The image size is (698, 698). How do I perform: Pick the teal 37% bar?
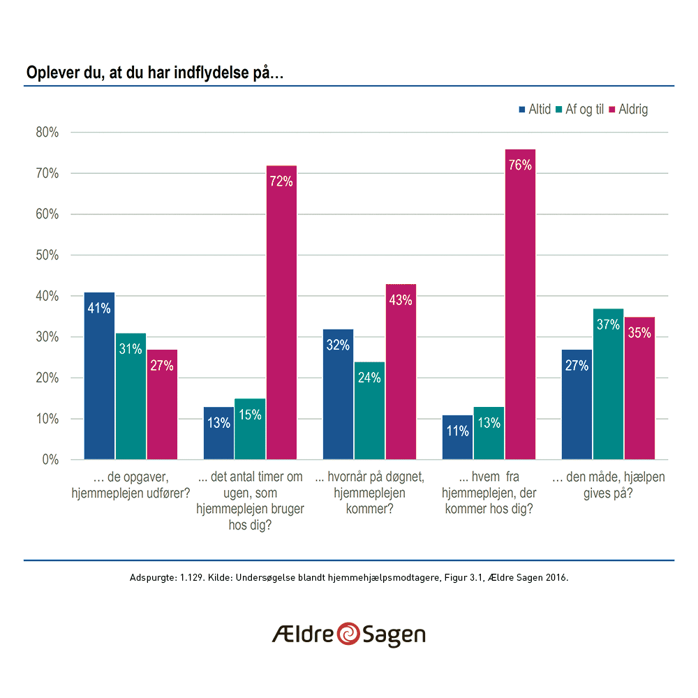pos(608,384)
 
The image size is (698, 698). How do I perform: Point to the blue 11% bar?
pos(458,437)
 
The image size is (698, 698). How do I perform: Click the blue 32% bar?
pos(338,394)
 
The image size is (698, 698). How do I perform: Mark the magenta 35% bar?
pos(639,388)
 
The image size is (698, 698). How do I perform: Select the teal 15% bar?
pos(250,429)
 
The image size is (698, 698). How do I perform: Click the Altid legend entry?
pos(535,110)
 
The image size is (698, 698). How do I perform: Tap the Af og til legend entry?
pos(579,110)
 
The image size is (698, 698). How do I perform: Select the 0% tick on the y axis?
pos(50,460)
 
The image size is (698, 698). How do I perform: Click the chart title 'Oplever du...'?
pos(154,73)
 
